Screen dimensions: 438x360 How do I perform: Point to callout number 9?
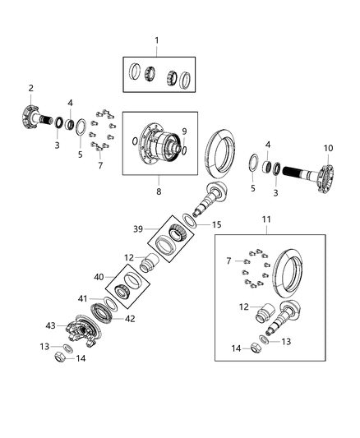(x=183, y=131)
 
